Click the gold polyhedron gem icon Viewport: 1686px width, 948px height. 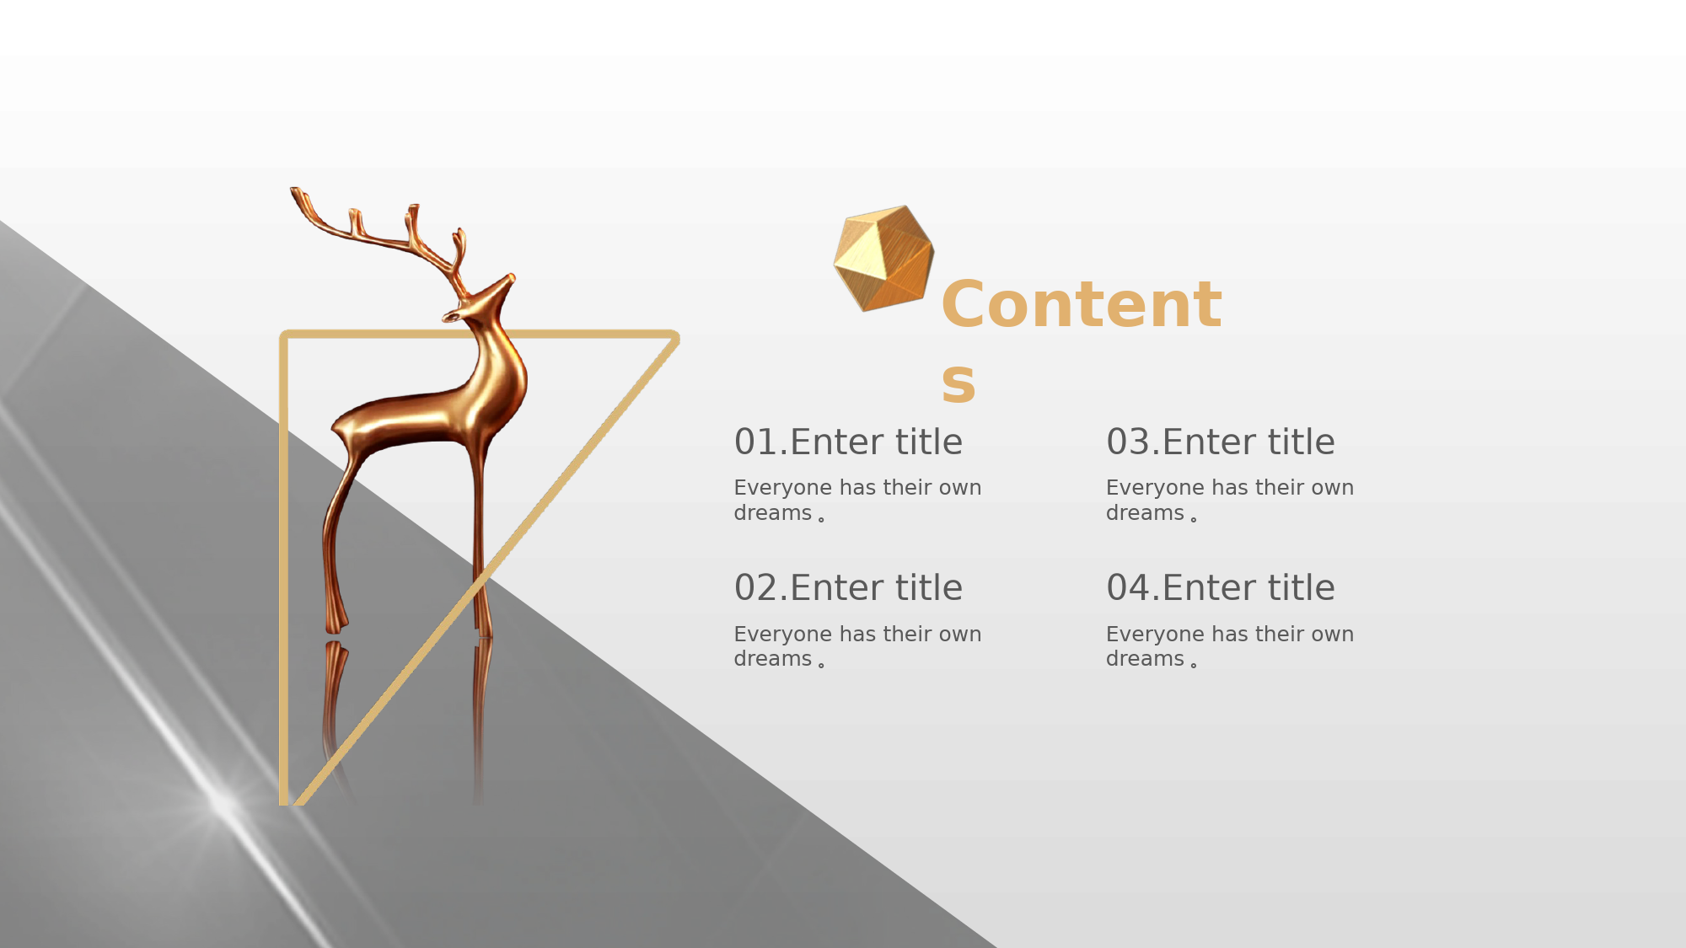click(x=883, y=258)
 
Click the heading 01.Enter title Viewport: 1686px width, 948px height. click(x=848, y=442)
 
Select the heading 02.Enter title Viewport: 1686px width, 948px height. click(x=848, y=587)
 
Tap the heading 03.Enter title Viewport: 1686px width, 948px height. click(x=1221, y=442)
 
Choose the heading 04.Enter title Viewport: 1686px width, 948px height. click(x=1221, y=587)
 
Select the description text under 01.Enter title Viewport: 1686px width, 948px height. click(x=857, y=501)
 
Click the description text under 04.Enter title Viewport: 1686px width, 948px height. click(x=1230, y=646)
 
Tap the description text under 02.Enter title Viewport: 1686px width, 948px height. click(x=857, y=646)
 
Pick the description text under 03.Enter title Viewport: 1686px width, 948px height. click(x=1230, y=501)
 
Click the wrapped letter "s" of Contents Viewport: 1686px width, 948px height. click(x=958, y=383)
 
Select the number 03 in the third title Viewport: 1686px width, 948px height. click(x=1129, y=442)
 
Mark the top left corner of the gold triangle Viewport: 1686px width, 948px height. click(x=284, y=335)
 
